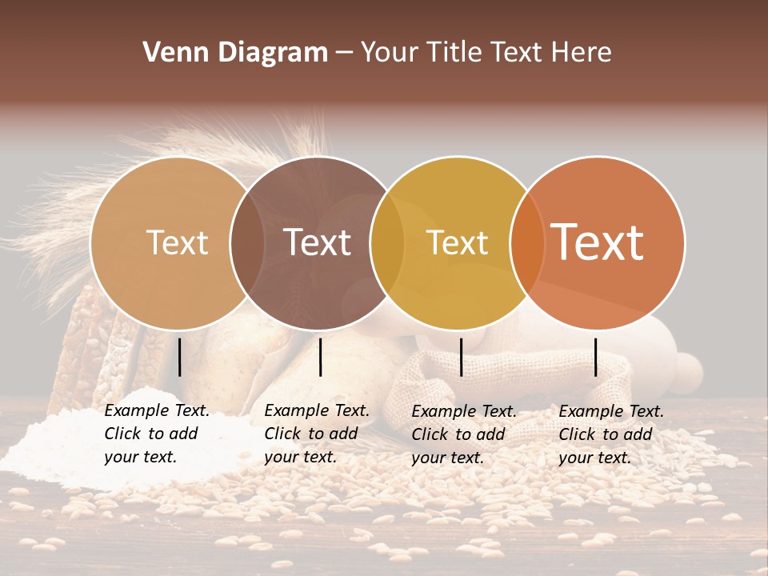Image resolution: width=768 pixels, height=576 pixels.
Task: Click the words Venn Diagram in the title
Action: pos(235,53)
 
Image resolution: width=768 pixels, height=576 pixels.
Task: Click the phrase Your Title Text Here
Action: pos(486,53)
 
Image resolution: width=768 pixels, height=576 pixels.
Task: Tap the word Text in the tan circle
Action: pos(177,242)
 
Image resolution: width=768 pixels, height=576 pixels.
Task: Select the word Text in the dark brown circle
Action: pos(318,242)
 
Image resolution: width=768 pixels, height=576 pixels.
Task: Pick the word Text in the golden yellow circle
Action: pos(458,242)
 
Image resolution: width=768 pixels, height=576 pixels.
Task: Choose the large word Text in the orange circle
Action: pos(598,242)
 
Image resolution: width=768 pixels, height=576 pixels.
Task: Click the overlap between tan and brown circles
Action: pos(247,243)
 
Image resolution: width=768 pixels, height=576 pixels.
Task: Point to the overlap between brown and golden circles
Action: pos(387,243)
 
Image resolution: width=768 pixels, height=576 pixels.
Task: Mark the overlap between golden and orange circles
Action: pos(526,243)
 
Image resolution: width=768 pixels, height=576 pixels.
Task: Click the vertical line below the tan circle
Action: pos(180,357)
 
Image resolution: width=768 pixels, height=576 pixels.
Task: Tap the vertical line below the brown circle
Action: pos(320,357)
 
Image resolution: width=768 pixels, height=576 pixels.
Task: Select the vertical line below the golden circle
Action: pos(462,357)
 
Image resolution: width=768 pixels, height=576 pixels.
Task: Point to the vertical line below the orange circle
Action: pos(596,357)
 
